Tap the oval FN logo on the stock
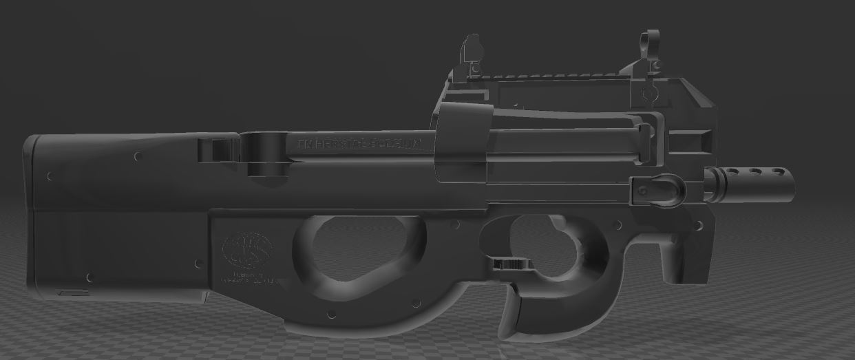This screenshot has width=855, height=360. click(x=247, y=248)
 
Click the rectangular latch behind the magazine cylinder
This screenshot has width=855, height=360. click(x=216, y=148)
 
